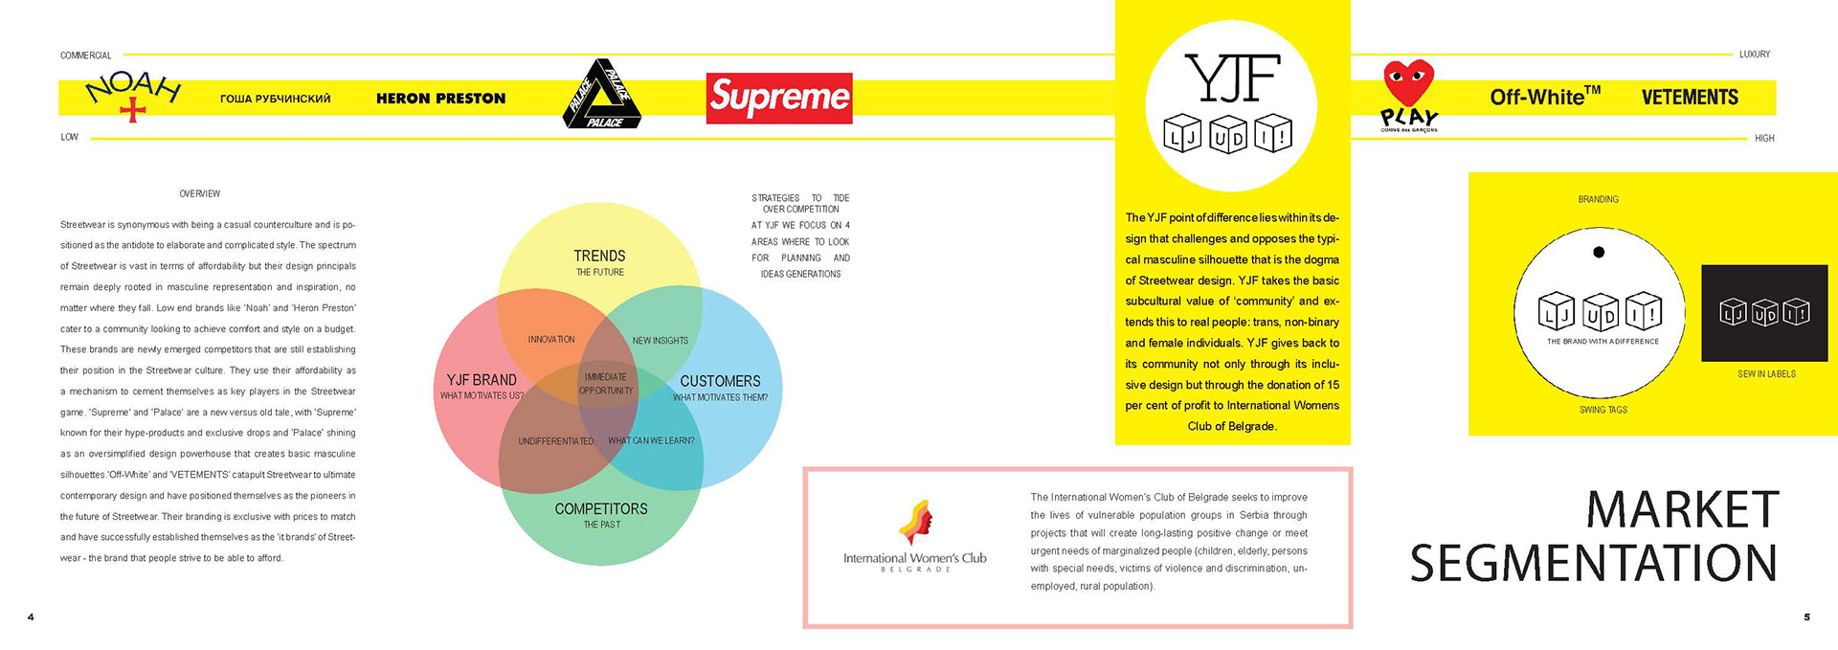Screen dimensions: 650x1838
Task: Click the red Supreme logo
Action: coord(779,98)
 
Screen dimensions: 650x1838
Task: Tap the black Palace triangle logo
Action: coord(600,95)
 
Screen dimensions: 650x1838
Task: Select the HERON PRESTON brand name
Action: coord(440,99)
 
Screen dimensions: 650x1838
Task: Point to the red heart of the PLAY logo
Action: coord(1409,82)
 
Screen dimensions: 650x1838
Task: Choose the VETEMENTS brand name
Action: coord(1690,98)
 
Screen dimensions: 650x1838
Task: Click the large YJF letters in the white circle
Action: coord(1231,78)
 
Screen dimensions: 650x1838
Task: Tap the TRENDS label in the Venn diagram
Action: coord(599,256)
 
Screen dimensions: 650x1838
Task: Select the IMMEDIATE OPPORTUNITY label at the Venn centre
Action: coord(606,384)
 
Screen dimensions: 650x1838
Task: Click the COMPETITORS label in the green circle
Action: coord(601,509)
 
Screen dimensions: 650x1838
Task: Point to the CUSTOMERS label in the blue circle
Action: coord(720,381)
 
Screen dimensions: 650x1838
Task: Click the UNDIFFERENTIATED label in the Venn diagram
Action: coord(556,441)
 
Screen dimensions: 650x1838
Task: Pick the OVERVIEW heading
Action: coord(199,194)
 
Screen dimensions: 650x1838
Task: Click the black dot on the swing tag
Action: coord(1599,253)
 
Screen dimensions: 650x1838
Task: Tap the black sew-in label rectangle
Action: coord(1763,313)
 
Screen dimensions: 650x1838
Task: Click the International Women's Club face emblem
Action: coord(916,523)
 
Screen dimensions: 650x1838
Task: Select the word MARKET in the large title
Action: coord(1682,509)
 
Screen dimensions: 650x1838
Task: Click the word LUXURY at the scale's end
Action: coord(1754,55)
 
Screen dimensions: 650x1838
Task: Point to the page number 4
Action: coord(31,617)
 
